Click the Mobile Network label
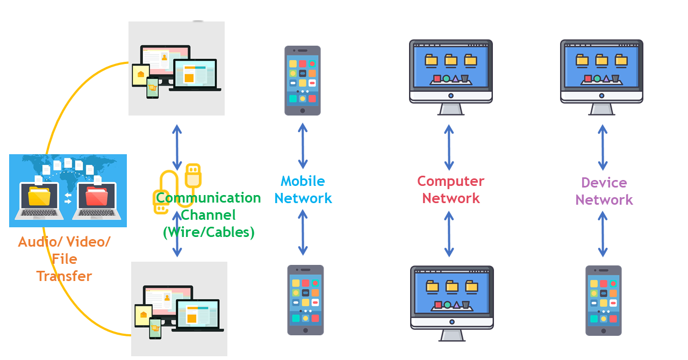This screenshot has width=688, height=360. [303, 190]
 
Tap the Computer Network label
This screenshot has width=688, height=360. [450, 190]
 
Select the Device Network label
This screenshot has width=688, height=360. [604, 191]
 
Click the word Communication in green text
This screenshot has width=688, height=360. [209, 198]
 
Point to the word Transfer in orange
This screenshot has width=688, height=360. [64, 276]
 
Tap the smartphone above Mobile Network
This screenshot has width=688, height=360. [303, 80]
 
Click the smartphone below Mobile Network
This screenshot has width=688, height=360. [305, 300]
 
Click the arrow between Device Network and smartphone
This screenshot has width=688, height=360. [603, 234]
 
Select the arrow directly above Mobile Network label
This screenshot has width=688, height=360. [303, 146]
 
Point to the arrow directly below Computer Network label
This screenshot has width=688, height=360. [449, 234]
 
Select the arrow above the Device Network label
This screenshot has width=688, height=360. [603, 148]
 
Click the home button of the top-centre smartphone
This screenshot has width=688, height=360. [303, 111]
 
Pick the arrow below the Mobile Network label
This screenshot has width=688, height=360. [303, 232]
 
